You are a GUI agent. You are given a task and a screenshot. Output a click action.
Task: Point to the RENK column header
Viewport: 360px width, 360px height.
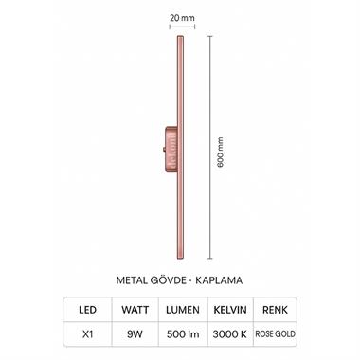pos(277,308)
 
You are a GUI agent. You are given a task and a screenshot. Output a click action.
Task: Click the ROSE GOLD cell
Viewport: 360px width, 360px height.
pos(277,333)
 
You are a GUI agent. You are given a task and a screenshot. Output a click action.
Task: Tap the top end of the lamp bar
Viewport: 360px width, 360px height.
pos(178,40)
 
